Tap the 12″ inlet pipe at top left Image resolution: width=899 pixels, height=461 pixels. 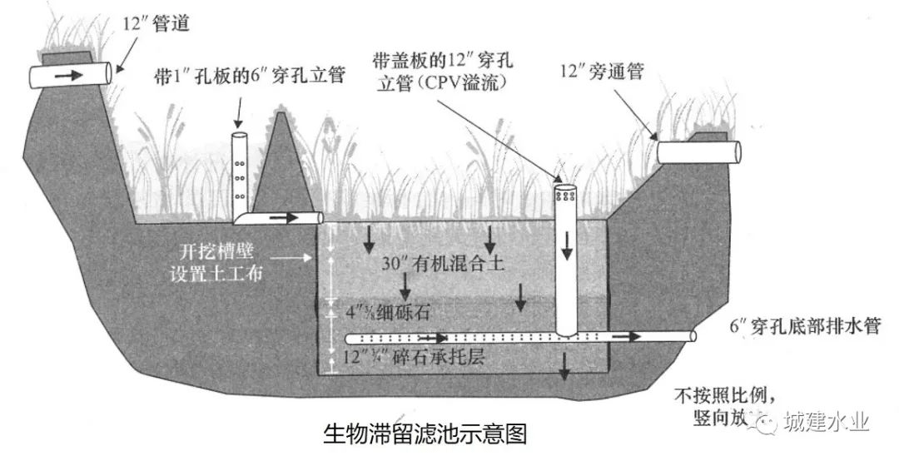pos(71,75)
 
